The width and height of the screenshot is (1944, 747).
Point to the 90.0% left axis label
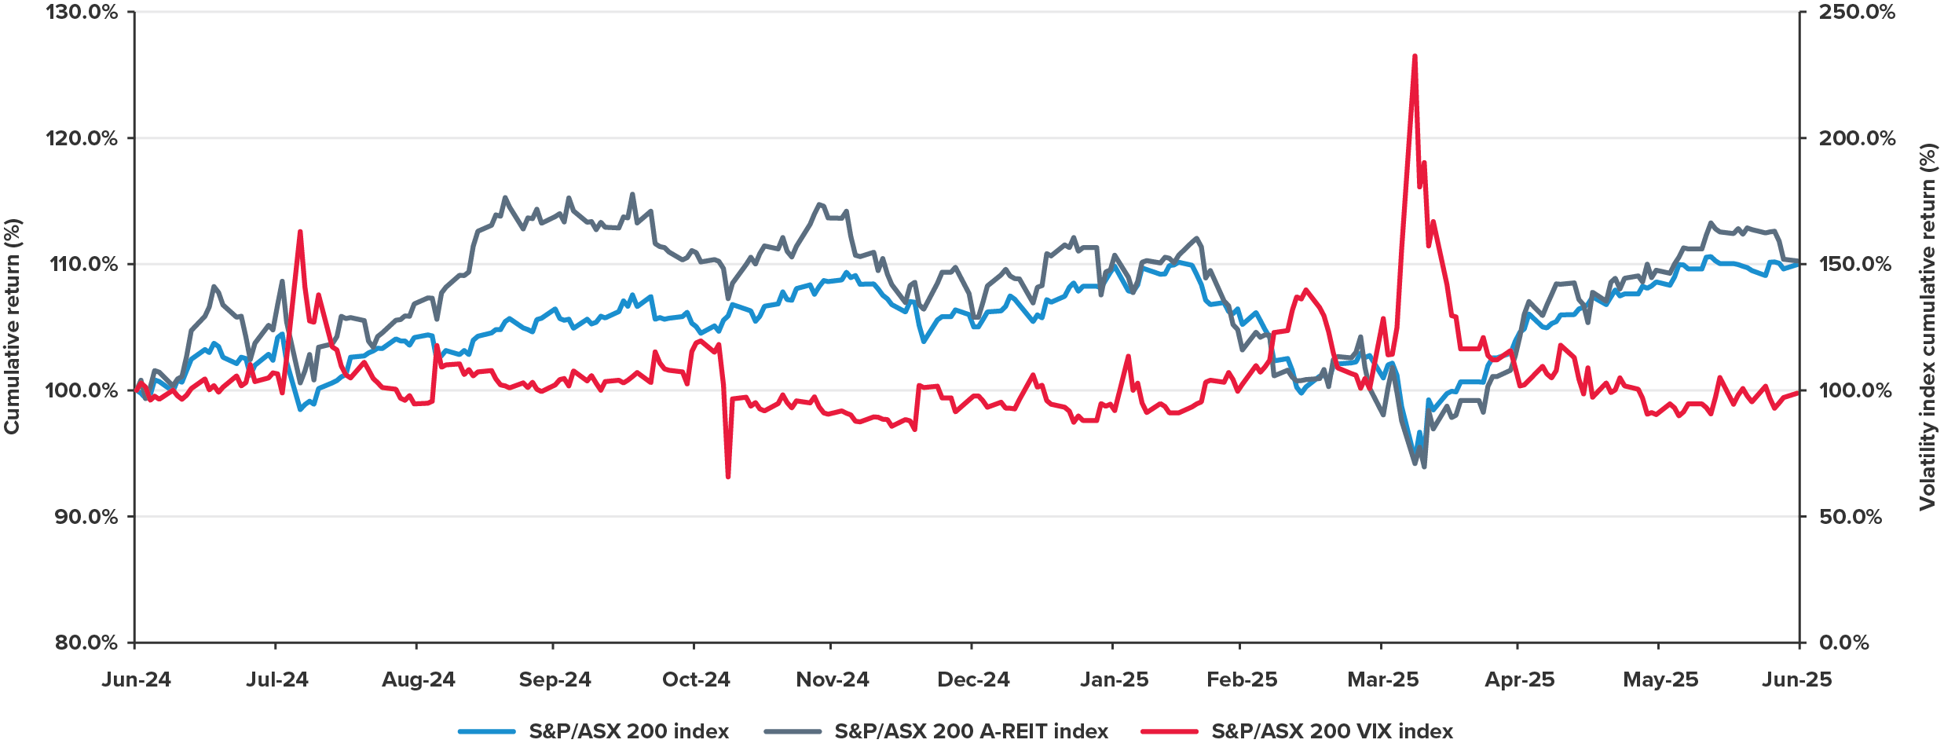tap(86, 517)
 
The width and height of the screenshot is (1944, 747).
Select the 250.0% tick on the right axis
tap(1857, 13)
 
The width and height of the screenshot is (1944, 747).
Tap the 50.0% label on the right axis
tap(1851, 517)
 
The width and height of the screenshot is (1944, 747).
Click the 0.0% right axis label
tap(1844, 643)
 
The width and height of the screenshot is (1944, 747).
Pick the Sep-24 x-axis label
tap(555, 679)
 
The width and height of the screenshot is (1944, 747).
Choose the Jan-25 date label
tap(1114, 679)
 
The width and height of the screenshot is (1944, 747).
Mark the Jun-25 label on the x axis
tap(1796, 679)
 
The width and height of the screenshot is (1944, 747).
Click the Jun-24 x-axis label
tap(136, 679)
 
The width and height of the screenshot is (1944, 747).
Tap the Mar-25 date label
tap(1382, 679)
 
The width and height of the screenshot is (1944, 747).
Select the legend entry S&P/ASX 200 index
tap(628, 731)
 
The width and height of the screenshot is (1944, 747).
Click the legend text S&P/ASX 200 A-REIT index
tap(971, 731)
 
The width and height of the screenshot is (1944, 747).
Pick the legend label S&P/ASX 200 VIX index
tap(1332, 731)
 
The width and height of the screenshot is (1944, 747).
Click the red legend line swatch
tap(1170, 731)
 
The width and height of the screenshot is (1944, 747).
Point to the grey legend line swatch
tap(793, 731)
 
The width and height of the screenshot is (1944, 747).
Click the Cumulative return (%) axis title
tap(12, 326)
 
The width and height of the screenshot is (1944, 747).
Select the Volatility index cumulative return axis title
tap(1928, 326)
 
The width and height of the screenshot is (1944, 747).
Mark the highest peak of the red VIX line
tap(1415, 56)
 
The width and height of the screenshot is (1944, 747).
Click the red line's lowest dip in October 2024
tap(728, 476)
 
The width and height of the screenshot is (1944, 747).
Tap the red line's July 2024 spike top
tap(300, 231)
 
